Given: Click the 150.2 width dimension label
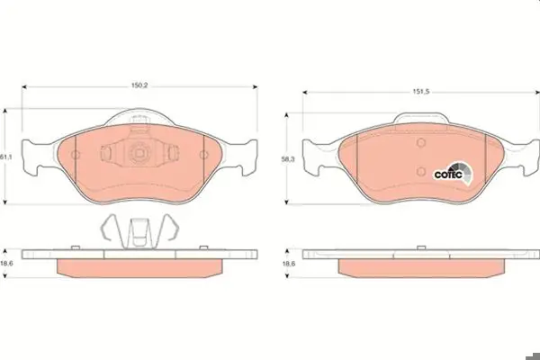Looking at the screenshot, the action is pyautogui.click(x=139, y=85).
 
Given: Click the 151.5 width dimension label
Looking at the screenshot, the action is pyautogui.click(x=421, y=92).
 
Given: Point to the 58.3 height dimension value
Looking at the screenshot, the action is pyautogui.click(x=288, y=160).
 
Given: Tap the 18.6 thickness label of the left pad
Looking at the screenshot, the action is pyautogui.click(x=6, y=264).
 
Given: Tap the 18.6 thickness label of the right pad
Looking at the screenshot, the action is pyautogui.click(x=289, y=264).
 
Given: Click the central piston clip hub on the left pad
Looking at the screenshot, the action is pyautogui.click(x=139, y=152).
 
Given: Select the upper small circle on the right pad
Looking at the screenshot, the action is pyautogui.click(x=421, y=142).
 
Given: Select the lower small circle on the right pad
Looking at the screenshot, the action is pyautogui.click(x=421, y=171).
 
